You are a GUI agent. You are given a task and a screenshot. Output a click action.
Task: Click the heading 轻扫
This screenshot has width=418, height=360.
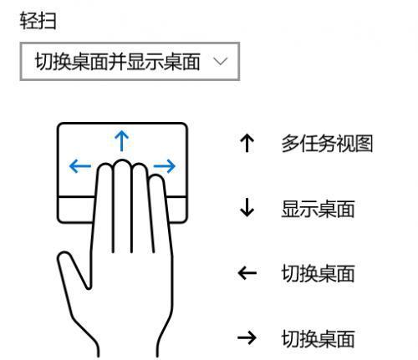click(38, 21)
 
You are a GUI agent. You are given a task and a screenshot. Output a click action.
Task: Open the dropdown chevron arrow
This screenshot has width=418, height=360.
click(221, 61)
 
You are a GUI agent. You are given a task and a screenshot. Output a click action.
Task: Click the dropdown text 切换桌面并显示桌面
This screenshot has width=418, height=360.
click(118, 62)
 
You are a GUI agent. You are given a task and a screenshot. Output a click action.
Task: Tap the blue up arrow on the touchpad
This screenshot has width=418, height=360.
click(122, 141)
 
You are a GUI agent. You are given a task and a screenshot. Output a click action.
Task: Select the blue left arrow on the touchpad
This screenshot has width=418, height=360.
click(80, 166)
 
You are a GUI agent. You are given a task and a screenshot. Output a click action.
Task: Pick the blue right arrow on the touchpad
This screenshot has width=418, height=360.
click(165, 166)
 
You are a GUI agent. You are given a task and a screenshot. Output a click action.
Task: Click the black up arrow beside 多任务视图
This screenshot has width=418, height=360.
click(247, 143)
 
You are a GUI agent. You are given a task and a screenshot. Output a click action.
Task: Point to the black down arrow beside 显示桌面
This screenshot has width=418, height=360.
click(247, 207)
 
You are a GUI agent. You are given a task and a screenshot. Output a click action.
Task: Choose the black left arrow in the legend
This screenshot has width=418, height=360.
click(247, 273)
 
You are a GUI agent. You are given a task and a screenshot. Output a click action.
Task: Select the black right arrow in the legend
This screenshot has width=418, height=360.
click(247, 337)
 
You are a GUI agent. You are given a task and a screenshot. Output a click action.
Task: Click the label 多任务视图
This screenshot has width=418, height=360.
click(327, 144)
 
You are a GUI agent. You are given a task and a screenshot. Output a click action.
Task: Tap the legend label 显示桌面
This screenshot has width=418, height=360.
click(318, 209)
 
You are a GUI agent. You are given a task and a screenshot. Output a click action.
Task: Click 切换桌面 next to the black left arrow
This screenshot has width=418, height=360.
click(318, 273)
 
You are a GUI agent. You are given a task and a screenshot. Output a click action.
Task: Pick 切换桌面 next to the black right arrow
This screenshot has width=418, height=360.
click(318, 338)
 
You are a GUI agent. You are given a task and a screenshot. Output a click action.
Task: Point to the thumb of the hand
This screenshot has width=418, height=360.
click(73, 270)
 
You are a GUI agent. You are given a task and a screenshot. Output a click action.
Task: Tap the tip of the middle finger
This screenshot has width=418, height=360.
click(122, 160)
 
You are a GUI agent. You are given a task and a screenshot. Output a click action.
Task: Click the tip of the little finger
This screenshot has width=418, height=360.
click(155, 175)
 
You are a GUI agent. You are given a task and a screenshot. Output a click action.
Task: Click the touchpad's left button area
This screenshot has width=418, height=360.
click(76, 210)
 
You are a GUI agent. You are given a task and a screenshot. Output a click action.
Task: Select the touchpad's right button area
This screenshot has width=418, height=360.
click(177, 210)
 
